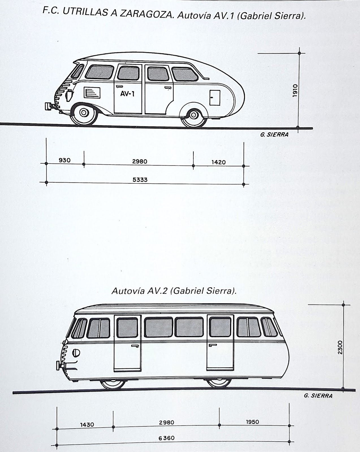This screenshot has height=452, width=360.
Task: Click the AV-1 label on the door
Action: [127, 94]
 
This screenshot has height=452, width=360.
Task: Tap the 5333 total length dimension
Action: [140, 180]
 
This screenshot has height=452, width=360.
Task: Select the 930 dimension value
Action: [64, 160]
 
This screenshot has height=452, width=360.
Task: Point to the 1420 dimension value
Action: [219, 162]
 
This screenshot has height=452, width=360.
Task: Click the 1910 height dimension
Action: [295, 90]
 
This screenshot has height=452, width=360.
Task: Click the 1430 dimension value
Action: [87, 425]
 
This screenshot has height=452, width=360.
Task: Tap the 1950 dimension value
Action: [252, 422]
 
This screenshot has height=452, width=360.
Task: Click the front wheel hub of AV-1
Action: [83, 112]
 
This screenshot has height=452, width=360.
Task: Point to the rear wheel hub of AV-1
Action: [193, 115]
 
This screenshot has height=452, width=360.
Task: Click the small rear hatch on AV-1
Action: [215, 97]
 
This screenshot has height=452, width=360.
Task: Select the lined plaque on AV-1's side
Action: [92, 92]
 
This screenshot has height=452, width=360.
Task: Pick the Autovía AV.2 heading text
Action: [174, 291]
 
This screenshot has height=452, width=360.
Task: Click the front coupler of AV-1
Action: [48, 107]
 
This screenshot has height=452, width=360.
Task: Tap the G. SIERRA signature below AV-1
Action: [274, 135]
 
